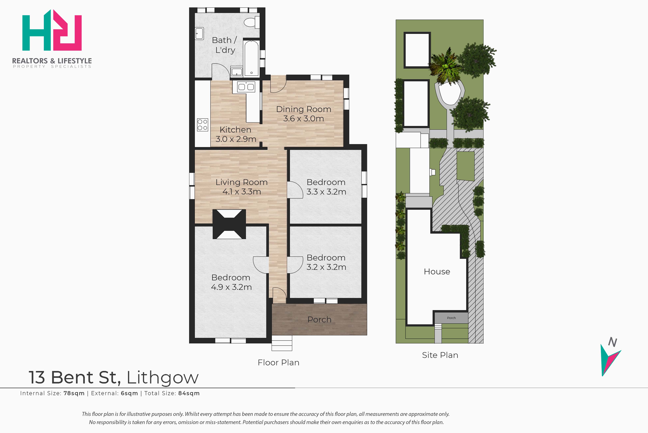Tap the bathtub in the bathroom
[251, 58]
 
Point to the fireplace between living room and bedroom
[229, 224]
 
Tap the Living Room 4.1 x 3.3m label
[241, 187]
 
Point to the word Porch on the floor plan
[319, 320]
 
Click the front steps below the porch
[282, 343]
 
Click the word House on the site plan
[437, 272]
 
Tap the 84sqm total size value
[189, 393]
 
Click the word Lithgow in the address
[162, 378]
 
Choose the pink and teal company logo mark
[52, 30]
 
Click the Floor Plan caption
[278, 363]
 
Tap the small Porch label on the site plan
[451, 318]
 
